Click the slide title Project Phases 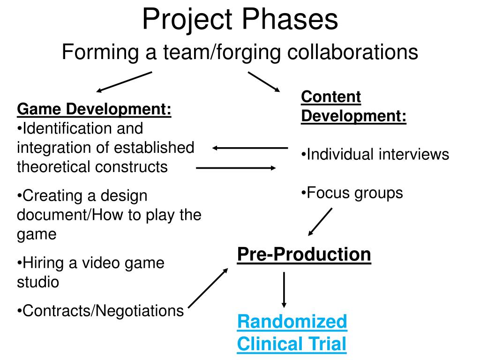[240, 20]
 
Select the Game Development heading [94, 109]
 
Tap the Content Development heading [353, 106]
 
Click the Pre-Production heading [304, 255]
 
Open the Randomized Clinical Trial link [292, 333]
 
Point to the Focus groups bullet [352, 193]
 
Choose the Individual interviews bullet [375, 154]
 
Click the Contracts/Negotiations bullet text [101, 310]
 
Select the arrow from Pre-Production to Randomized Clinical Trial [284, 289]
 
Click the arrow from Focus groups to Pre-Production [321, 222]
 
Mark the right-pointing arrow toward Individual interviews [236, 167]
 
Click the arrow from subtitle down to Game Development [124, 82]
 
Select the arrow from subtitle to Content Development [263, 82]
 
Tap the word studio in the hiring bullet [38, 282]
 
